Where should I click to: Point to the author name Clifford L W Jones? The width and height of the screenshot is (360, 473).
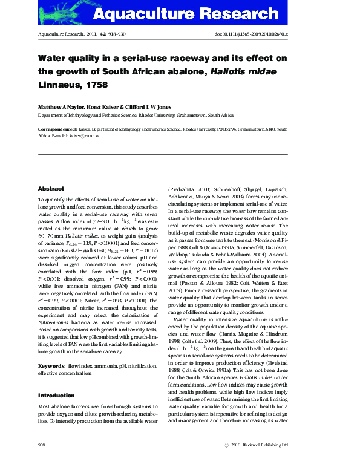pos(148,107)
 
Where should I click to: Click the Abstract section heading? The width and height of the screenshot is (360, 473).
pos(51,189)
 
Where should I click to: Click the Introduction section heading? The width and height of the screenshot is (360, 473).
pos(57,395)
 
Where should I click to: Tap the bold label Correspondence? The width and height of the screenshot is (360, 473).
pos(56,129)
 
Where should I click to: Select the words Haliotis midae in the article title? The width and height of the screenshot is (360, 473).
pos(242,71)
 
